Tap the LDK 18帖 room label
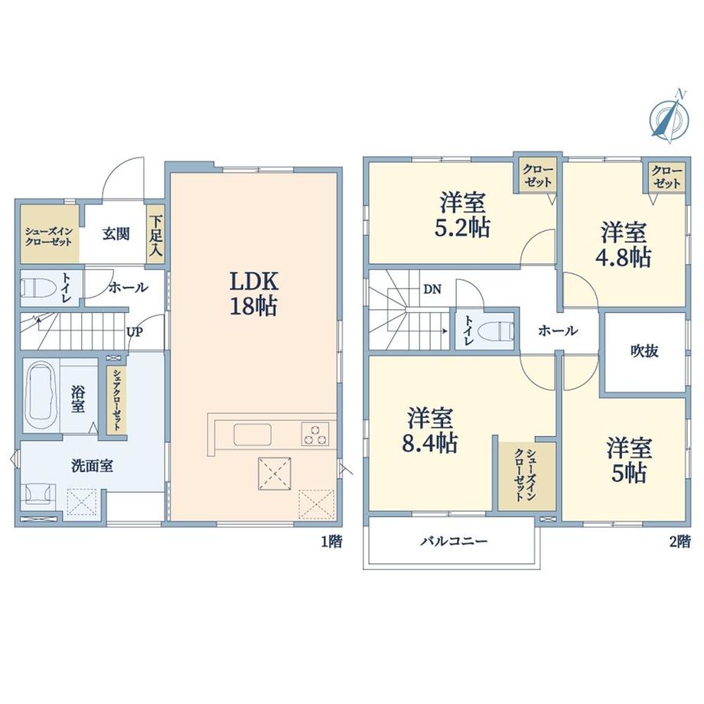click(254, 294)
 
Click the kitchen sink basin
click(253, 435)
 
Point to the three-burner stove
click(315, 434)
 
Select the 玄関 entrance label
click(116, 234)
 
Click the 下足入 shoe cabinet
click(156, 236)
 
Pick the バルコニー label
click(454, 541)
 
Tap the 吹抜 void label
click(644, 350)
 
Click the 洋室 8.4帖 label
click(430, 431)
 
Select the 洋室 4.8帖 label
click(624, 245)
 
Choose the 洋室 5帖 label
click(628, 461)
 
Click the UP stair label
click(135, 332)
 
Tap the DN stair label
click(432, 289)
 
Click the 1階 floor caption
click(331, 542)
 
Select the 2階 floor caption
click(680, 542)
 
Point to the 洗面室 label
click(92, 466)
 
